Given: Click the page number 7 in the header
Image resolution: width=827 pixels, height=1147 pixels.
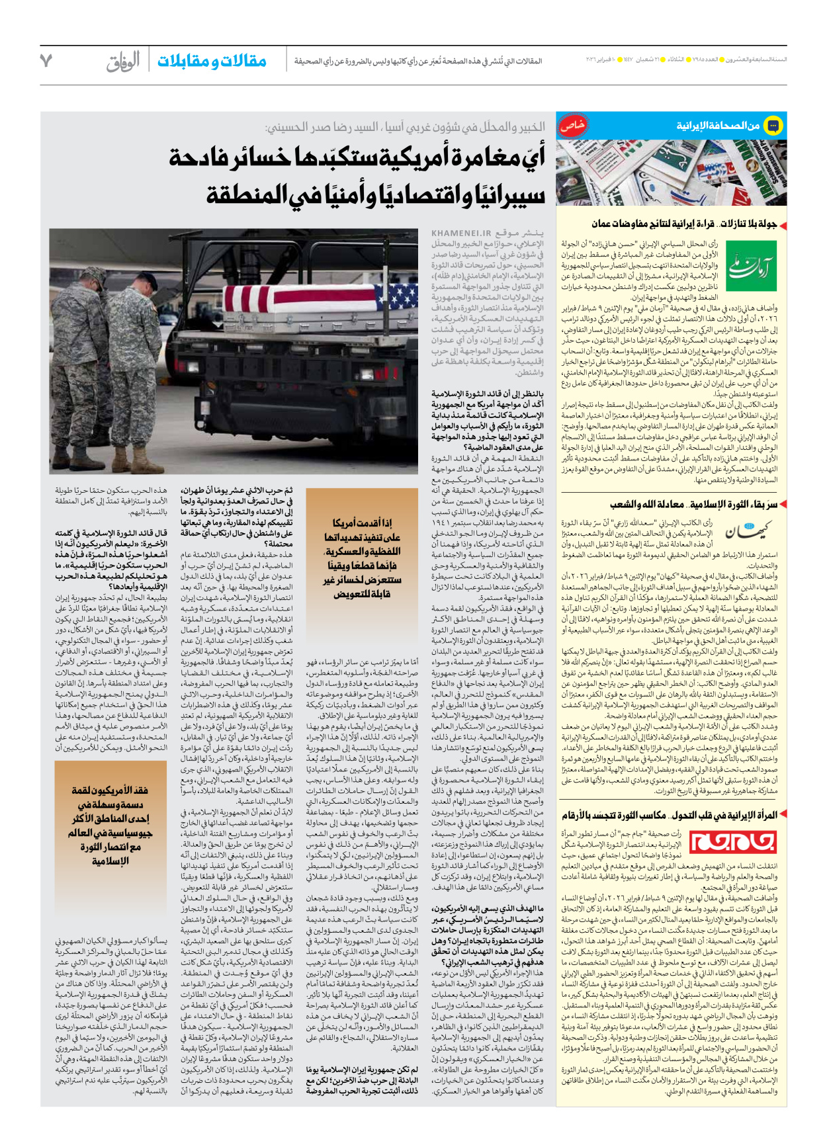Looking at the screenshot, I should point(46,61).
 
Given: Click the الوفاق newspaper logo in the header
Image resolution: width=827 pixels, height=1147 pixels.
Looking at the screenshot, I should point(123,62).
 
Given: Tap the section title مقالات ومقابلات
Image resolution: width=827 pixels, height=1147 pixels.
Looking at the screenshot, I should point(212,62).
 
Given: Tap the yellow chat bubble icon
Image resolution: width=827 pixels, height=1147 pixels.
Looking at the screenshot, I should point(773,126).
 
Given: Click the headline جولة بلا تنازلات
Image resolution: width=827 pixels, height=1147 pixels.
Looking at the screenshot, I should point(748,224).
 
